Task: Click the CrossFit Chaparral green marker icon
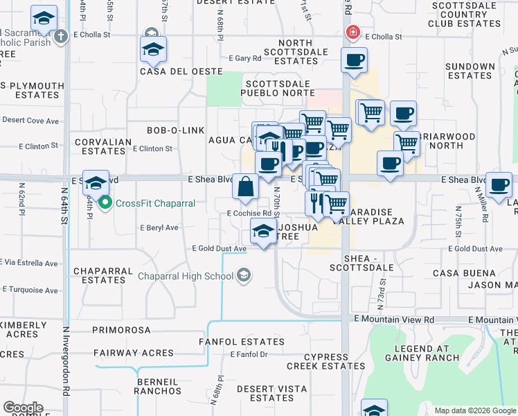tap(105, 203)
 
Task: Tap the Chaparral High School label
tap(186, 276)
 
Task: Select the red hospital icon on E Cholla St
tap(353, 33)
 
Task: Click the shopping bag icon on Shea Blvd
tap(246, 187)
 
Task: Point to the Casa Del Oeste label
tap(181, 71)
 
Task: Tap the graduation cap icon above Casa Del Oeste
tap(153, 49)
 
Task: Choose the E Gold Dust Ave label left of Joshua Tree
tap(220, 249)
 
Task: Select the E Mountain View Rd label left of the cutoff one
tap(393, 320)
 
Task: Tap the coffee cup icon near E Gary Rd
tap(354, 60)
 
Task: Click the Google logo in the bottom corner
tap(23, 408)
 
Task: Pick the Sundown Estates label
tap(470, 71)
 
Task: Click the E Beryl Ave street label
tap(159, 227)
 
